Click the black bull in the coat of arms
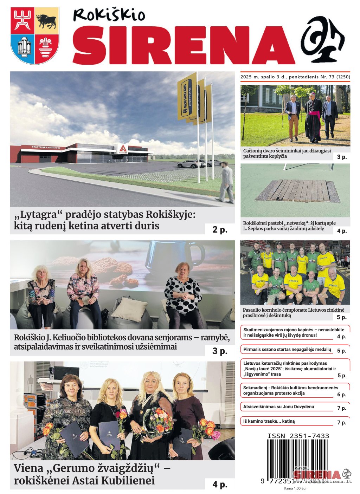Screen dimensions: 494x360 coord(46,21)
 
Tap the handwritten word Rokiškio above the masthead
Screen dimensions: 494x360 coord(109,15)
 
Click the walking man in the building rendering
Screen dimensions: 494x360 coord(226,182)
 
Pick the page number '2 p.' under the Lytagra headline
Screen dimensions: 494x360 coord(220,229)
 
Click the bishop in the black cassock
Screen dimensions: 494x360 coord(313,118)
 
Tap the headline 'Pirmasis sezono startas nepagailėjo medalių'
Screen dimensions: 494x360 coord(287,350)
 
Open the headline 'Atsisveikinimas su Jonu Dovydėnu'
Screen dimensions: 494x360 coord(278,407)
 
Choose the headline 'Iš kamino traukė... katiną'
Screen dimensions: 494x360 coord(269,421)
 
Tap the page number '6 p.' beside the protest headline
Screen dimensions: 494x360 coord(341,395)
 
